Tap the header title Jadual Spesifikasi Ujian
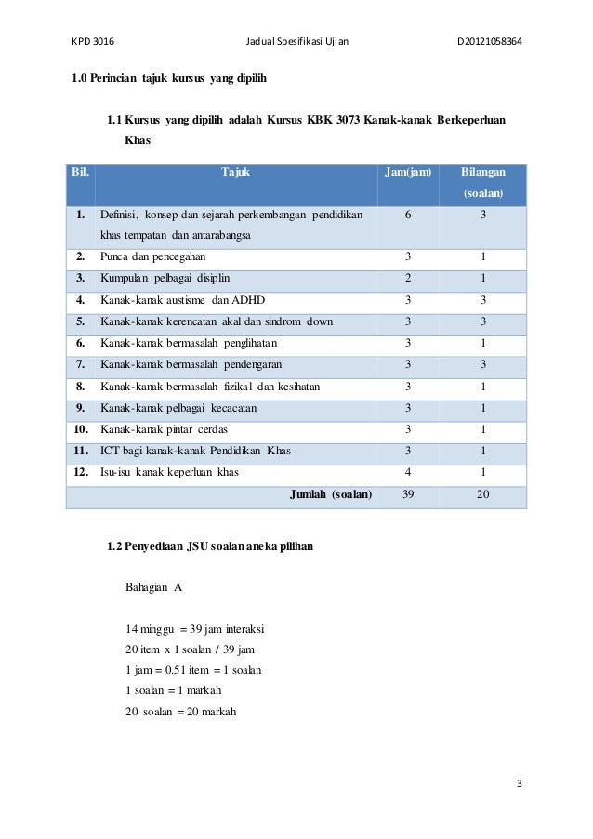pyautogui.click(x=296, y=41)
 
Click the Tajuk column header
pyautogui.click(x=236, y=173)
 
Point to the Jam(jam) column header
pyautogui.click(x=408, y=173)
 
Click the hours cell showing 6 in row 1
pyautogui.click(x=408, y=215)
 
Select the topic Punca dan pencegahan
pyautogui.click(x=153, y=256)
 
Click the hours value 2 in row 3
pyautogui.click(x=408, y=278)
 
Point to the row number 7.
pyautogui.click(x=81, y=364)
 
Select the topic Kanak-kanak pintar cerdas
pyautogui.click(x=164, y=429)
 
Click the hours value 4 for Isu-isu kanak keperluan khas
pyautogui.click(x=408, y=472)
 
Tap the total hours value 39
pyautogui.click(x=408, y=494)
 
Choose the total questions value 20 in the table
pyautogui.click(x=483, y=494)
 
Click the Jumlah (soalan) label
pyautogui.click(x=331, y=494)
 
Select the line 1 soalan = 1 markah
pyautogui.click(x=173, y=690)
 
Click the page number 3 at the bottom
pyautogui.click(x=520, y=783)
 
